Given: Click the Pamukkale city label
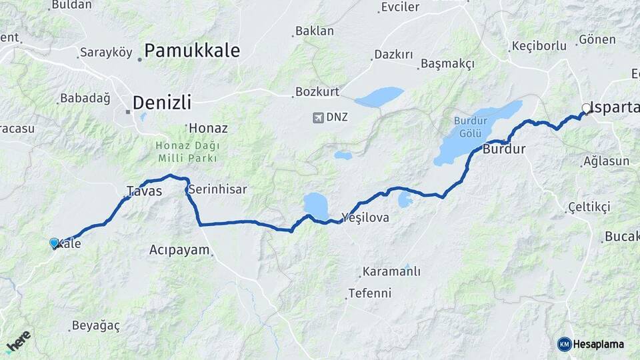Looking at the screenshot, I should [x=191, y=51].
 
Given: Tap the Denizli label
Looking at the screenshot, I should [x=161, y=103].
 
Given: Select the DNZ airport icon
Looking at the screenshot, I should [x=317, y=117].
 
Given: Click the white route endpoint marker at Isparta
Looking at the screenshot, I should [x=586, y=108].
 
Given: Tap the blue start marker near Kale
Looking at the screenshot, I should [x=54, y=243].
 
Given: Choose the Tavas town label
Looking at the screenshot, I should [x=144, y=191].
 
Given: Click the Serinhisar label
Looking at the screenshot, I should [x=217, y=189].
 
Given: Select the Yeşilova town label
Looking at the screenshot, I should [x=365, y=217].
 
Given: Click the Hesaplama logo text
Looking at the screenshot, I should [x=599, y=344].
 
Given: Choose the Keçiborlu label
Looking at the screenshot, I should [x=539, y=46].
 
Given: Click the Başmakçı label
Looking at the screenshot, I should [x=447, y=64].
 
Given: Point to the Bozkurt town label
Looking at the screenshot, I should [x=317, y=91].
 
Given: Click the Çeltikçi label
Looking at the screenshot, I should [x=589, y=207].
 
